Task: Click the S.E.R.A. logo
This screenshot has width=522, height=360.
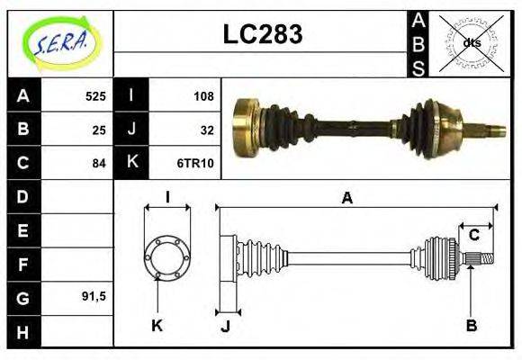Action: [x=60, y=42]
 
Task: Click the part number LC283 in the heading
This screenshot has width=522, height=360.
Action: [x=262, y=34]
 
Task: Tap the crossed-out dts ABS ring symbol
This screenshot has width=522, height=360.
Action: [x=471, y=42]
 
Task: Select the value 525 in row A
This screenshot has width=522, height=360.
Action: [x=94, y=95]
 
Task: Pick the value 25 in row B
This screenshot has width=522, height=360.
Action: [x=98, y=129]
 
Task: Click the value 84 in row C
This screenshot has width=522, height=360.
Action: [x=98, y=163]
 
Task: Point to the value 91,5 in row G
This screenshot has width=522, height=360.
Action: [x=93, y=295]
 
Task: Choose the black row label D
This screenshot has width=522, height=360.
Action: [x=23, y=196]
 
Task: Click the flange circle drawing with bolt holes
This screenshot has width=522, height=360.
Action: [x=167, y=256]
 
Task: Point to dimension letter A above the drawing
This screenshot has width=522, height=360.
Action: [x=346, y=199]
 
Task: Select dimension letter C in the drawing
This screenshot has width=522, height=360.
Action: [x=473, y=236]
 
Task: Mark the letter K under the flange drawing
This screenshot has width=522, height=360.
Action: [x=157, y=325]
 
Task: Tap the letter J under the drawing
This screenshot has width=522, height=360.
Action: [x=225, y=325]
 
